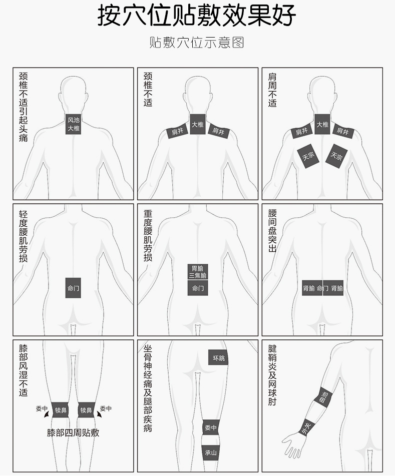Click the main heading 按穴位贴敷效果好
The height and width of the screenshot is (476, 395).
click(x=196, y=16)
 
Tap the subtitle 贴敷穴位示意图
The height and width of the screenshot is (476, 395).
click(x=197, y=43)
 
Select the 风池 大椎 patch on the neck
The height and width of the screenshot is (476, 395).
click(x=74, y=124)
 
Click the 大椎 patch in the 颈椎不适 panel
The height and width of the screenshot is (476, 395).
click(x=198, y=124)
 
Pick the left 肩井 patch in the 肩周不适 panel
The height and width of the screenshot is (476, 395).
click(x=302, y=131)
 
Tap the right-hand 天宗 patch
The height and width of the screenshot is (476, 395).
click(x=336, y=156)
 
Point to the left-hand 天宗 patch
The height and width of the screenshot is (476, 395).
click(x=308, y=156)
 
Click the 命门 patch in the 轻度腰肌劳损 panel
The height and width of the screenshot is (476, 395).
click(x=73, y=288)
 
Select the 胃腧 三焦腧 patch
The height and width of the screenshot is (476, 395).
click(x=198, y=272)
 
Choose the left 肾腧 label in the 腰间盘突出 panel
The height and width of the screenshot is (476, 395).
click(x=309, y=288)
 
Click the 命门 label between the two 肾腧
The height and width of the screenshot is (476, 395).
click(x=323, y=288)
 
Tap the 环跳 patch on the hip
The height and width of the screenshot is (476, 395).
click(x=218, y=357)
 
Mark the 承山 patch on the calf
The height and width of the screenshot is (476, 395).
click(x=211, y=452)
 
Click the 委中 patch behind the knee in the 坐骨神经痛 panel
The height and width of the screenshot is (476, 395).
click(x=211, y=427)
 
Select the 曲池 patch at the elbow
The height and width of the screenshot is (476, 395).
click(x=323, y=398)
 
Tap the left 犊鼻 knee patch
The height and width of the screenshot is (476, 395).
click(x=61, y=410)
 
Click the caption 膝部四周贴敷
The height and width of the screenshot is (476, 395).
click(x=73, y=432)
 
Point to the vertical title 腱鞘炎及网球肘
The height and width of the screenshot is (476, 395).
click(x=272, y=375)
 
